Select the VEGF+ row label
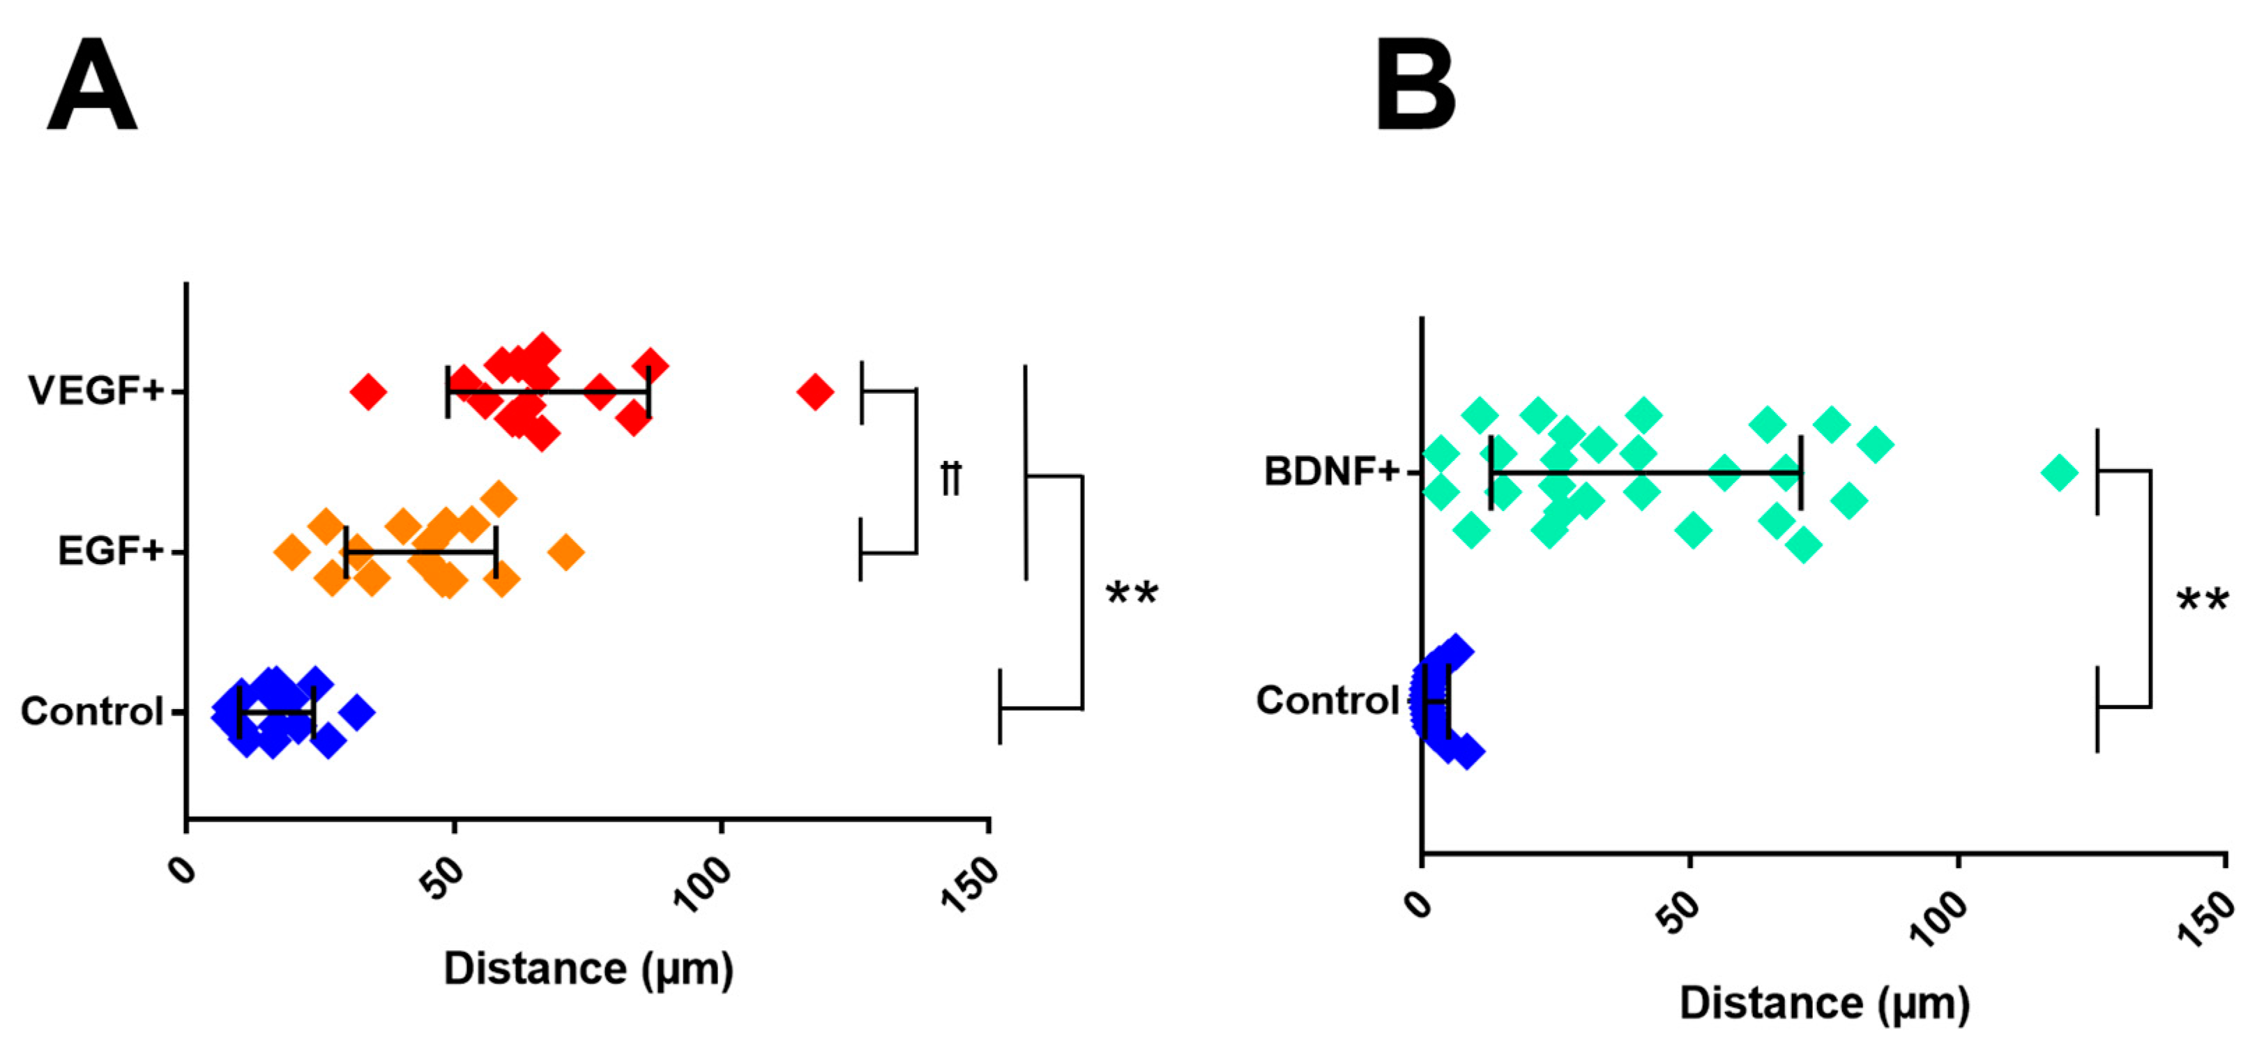pyautogui.click(x=96, y=390)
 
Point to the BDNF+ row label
pyautogui.click(x=1330, y=472)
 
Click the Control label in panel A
pyautogui.click(x=92, y=711)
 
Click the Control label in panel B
pyautogui.click(x=1326, y=701)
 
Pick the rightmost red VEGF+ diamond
pyautogui.click(x=814, y=391)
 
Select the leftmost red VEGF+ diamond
pyautogui.click(x=368, y=391)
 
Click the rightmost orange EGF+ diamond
pyautogui.click(x=566, y=553)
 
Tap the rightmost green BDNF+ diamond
pyautogui.click(x=2059, y=473)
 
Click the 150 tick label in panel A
pyautogui.click(x=971, y=883)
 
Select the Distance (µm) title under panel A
pyautogui.click(x=588, y=969)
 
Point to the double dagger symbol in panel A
pyautogui.click(x=951, y=478)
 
